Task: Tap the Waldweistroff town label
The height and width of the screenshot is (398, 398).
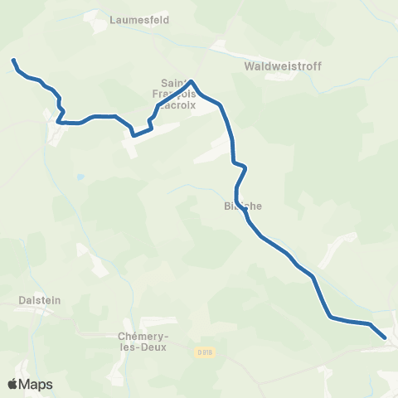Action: click(x=283, y=66)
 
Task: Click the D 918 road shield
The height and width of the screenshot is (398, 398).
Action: click(x=205, y=352)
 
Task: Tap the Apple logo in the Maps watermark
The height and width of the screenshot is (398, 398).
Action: click(x=13, y=384)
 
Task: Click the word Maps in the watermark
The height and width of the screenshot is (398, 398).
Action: click(x=38, y=384)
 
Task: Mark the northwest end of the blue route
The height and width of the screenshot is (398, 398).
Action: click(x=13, y=60)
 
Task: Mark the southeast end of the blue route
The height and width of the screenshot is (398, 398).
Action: click(x=385, y=337)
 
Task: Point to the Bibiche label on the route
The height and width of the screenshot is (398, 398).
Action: click(x=242, y=207)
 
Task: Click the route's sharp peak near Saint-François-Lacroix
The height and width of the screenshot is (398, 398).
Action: click(x=192, y=81)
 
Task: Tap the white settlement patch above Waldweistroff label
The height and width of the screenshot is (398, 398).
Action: click(x=221, y=46)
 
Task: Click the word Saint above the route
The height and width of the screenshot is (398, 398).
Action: click(x=174, y=82)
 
